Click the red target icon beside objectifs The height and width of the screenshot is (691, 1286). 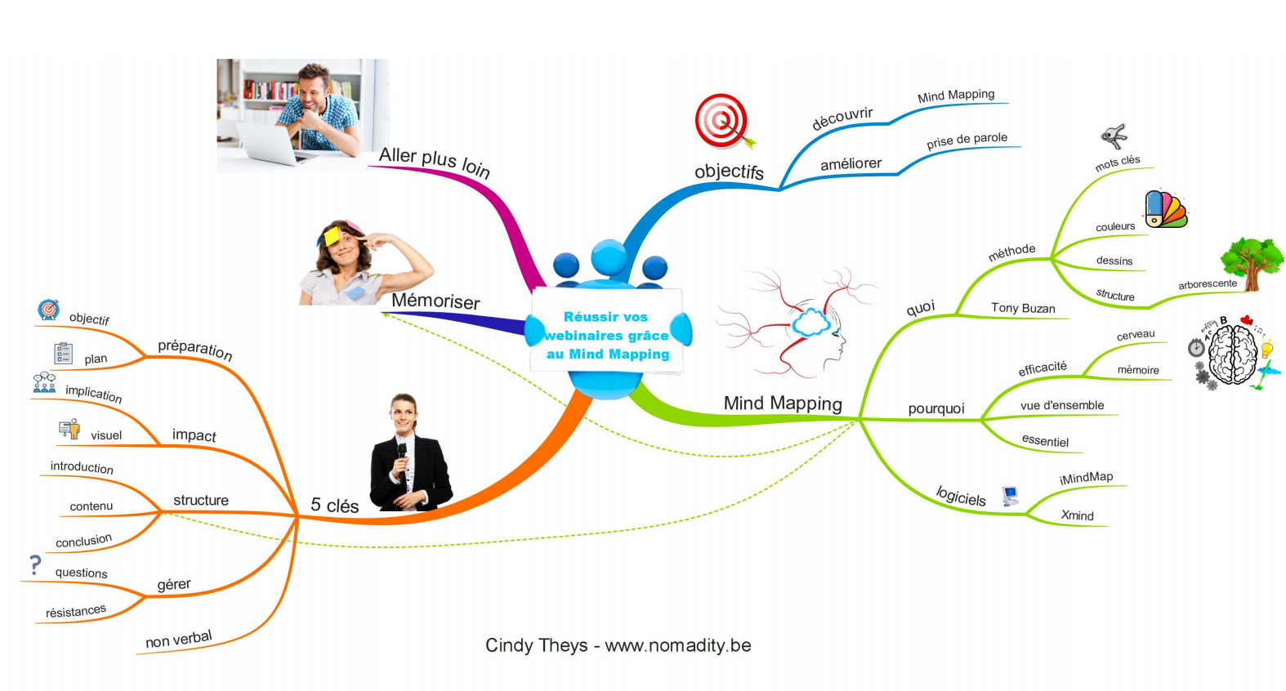pos(722,120)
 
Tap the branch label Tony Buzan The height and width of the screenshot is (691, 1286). pos(1023,308)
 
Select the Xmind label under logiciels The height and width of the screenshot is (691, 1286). pos(1077,515)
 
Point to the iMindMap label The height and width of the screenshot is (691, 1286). pos(1086,478)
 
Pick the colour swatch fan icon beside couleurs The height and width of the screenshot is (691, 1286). pos(1164,209)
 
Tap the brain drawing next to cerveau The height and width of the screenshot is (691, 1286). pos(1232,354)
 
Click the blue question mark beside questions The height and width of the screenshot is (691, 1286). pos(35,564)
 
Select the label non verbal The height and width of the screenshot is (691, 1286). pos(178,639)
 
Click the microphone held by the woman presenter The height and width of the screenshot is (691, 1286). pos(402,452)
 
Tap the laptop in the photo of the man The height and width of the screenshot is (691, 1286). pos(270,144)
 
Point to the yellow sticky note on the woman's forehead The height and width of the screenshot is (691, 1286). pos(332,236)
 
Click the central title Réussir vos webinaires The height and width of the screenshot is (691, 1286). pos(606,335)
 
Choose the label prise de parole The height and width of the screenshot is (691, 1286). pos(967,140)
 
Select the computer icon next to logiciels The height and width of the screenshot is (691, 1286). pos(1011,495)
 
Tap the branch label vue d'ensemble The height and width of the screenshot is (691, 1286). pos(1061,405)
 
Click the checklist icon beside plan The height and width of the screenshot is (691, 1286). pos(63,353)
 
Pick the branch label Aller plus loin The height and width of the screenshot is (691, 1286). pos(434,161)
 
